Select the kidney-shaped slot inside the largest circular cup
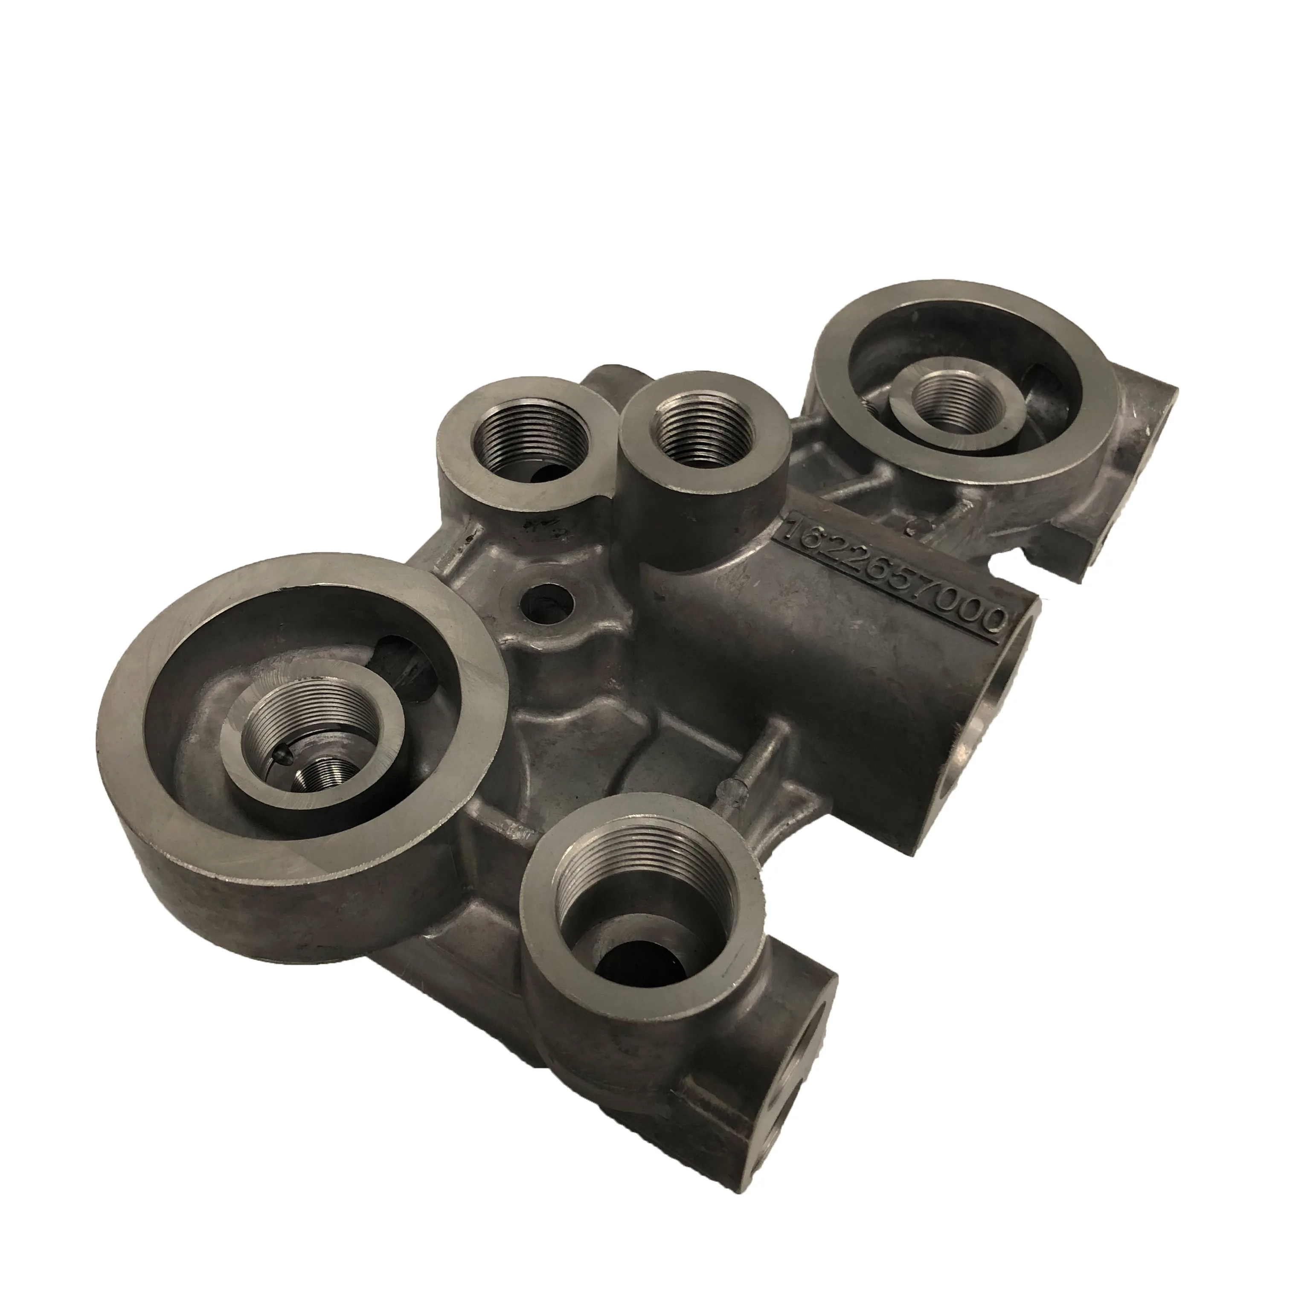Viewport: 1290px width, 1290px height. pyautogui.click(x=407, y=668)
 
